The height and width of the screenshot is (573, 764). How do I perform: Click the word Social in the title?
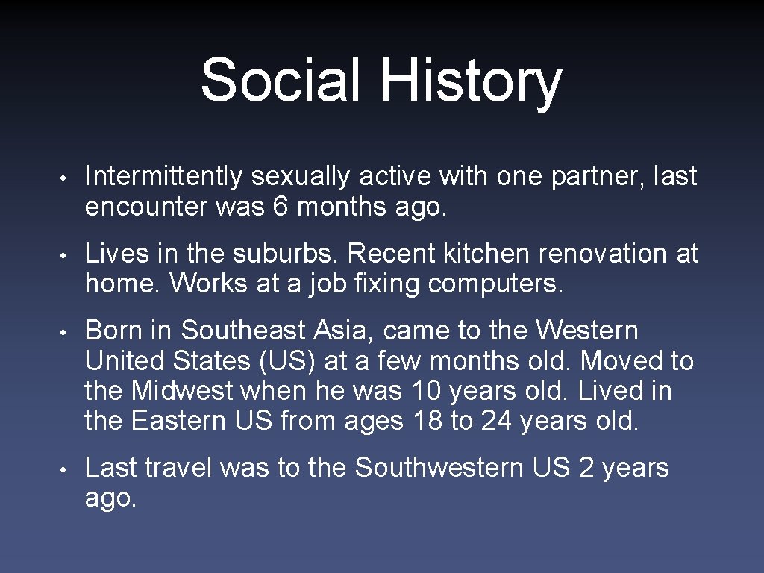tap(281, 80)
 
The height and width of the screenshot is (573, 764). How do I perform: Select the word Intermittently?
tap(163, 177)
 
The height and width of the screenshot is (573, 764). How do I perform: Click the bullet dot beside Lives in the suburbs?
tap(66, 255)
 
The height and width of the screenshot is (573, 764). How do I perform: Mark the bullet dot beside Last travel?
tap(66, 469)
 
